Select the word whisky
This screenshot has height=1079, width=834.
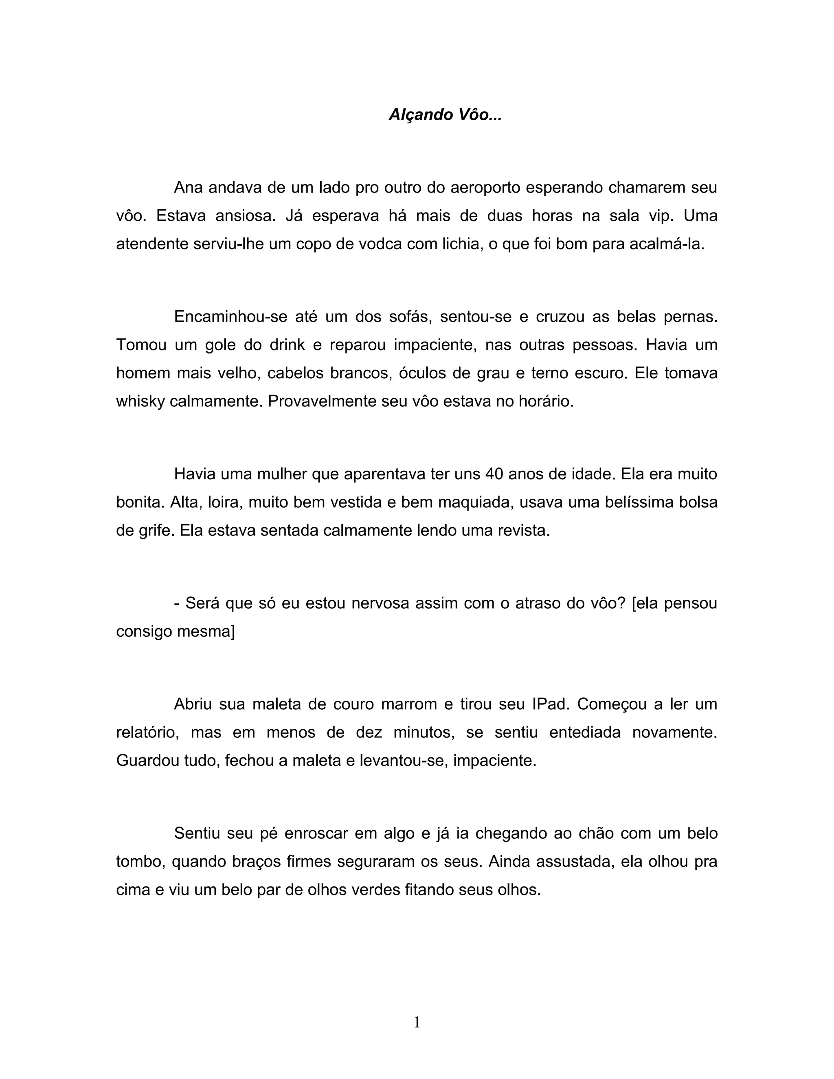tap(140, 401)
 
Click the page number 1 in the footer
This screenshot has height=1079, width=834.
tap(417, 1023)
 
